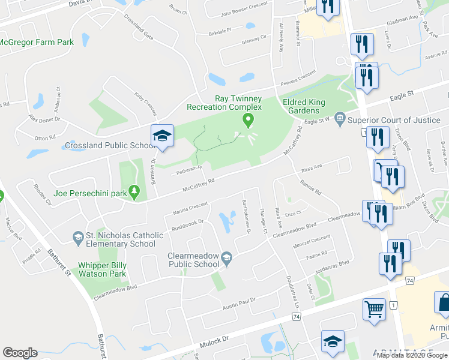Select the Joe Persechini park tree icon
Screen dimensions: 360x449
[135, 193]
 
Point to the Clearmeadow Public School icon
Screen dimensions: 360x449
[226, 259]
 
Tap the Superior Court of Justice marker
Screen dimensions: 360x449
[340, 120]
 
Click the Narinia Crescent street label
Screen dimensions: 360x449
[190, 208]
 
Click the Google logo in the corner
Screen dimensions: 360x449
[20, 353]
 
